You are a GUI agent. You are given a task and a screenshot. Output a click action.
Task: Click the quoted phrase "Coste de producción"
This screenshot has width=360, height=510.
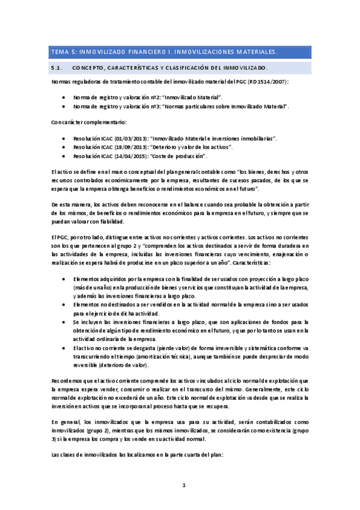click(x=180, y=156)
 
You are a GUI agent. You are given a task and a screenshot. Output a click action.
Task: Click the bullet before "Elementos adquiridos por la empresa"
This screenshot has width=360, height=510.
click(x=64, y=279)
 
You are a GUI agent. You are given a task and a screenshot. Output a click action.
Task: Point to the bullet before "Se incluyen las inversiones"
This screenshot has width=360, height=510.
click(x=64, y=322)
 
